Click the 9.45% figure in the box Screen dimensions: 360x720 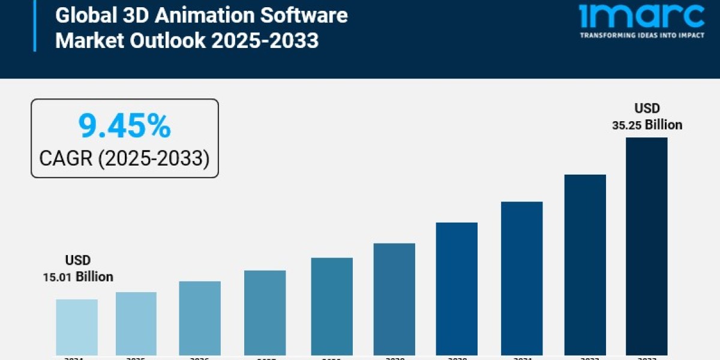[x=125, y=127]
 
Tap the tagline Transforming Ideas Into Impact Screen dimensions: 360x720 [x=641, y=35]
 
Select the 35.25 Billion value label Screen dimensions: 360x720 [x=647, y=125]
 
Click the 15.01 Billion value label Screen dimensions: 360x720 [x=77, y=277]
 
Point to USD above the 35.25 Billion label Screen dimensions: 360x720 [x=647, y=109]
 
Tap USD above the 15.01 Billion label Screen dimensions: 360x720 [x=77, y=260]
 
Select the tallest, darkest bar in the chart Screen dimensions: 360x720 [x=646, y=246]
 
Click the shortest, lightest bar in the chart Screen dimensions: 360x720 [x=77, y=327]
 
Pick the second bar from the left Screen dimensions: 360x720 [x=136, y=323]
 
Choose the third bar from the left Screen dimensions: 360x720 [x=200, y=318]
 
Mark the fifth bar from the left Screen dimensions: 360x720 [x=332, y=306]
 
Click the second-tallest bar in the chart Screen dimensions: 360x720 [x=585, y=264]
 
